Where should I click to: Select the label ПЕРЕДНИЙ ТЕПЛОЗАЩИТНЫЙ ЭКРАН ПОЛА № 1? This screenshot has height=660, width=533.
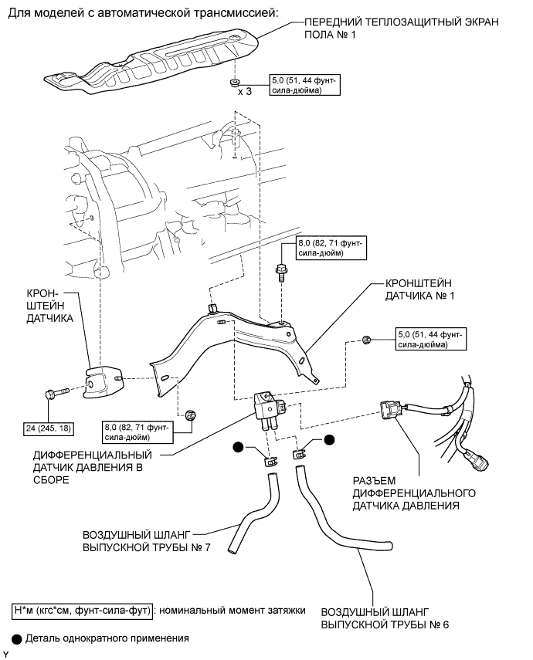click(x=401, y=29)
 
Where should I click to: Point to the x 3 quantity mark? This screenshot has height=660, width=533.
click(x=244, y=91)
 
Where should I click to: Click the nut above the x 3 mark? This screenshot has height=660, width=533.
click(x=234, y=81)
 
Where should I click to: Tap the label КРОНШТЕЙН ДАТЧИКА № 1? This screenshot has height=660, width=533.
click(x=419, y=289)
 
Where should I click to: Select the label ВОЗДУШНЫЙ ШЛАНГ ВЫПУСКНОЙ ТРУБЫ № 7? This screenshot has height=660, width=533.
click(x=146, y=541)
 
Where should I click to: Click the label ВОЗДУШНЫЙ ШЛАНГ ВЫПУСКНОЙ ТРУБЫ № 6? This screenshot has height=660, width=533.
click(x=385, y=618)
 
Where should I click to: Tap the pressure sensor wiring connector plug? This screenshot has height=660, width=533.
click(x=390, y=410)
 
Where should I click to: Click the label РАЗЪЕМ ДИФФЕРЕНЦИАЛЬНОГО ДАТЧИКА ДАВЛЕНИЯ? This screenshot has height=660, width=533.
click(x=414, y=493)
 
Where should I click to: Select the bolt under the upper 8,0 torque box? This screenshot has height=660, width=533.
click(x=280, y=272)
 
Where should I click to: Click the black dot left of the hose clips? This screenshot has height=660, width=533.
click(x=239, y=448)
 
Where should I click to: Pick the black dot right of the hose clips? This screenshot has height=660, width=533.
click(x=329, y=440)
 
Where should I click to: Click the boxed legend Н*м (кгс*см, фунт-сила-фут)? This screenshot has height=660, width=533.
click(x=82, y=610)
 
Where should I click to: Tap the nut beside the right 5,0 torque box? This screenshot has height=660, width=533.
click(x=367, y=340)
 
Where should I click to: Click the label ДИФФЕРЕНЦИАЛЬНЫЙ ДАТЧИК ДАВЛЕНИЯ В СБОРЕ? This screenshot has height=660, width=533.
click(x=92, y=467)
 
